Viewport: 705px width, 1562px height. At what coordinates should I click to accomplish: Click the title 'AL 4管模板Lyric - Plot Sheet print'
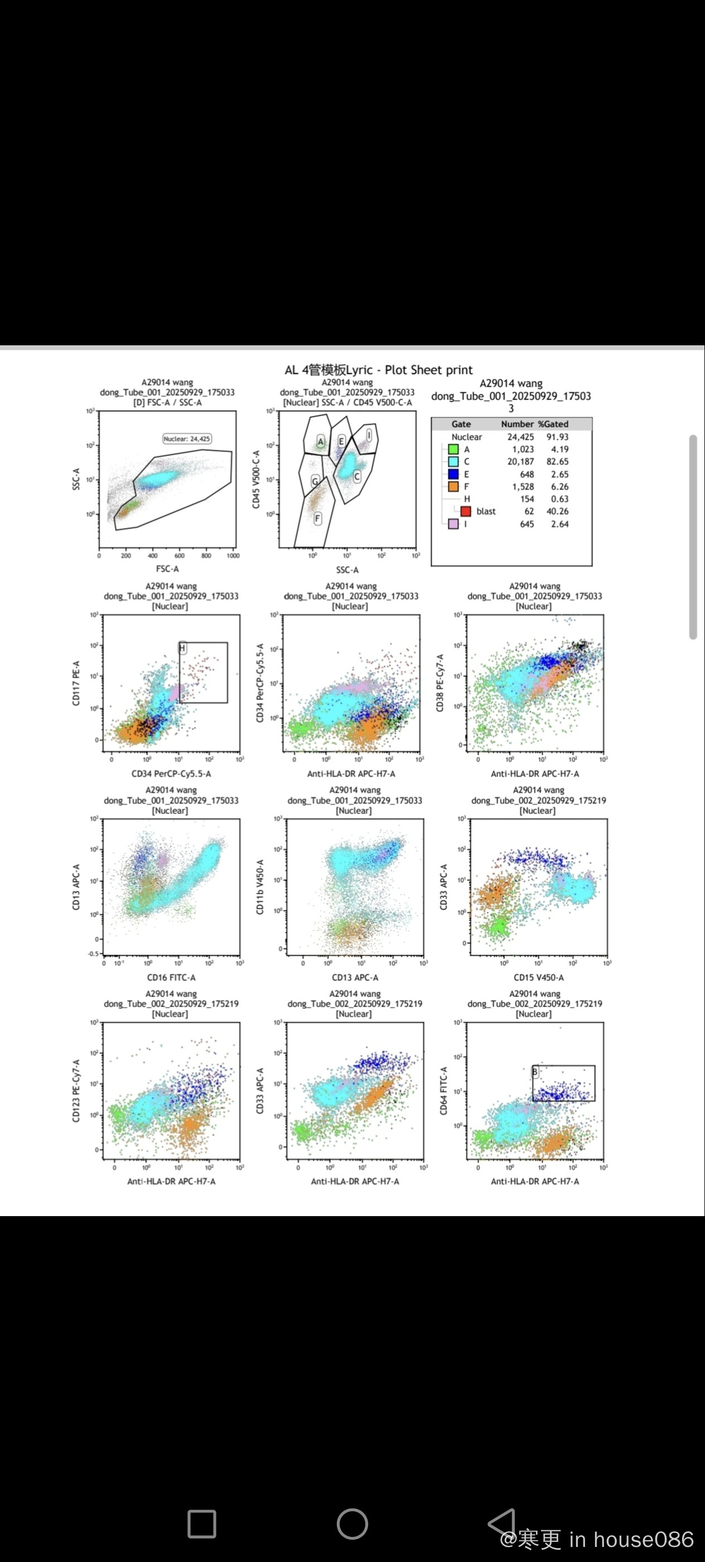[378, 370]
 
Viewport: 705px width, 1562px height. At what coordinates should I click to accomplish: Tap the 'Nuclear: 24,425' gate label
[187, 438]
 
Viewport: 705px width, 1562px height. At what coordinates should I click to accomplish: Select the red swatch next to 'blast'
[466, 512]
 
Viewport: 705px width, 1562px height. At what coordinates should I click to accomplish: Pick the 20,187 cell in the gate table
[521, 461]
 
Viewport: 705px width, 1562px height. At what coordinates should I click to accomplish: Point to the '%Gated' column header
[553, 424]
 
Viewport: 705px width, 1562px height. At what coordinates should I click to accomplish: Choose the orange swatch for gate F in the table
[453, 486]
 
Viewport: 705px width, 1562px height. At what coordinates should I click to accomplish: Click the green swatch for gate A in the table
[453, 449]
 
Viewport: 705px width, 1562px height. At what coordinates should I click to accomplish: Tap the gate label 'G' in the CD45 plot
[315, 481]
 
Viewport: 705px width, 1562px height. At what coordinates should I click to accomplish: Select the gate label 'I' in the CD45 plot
[369, 435]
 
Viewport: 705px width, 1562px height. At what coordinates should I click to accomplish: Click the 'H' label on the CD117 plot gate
[182, 648]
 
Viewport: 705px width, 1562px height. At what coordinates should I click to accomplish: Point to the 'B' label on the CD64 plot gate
[535, 1072]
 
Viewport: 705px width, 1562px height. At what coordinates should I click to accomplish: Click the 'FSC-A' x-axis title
[167, 569]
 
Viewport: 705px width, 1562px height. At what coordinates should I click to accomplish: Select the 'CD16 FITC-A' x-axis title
[171, 977]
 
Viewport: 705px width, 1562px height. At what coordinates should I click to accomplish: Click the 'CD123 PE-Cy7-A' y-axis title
[76, 1091]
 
